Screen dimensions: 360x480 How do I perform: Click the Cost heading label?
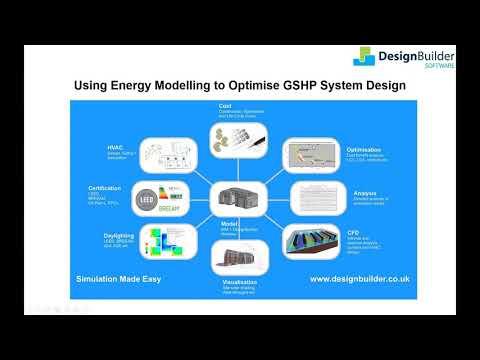(225, 105)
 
